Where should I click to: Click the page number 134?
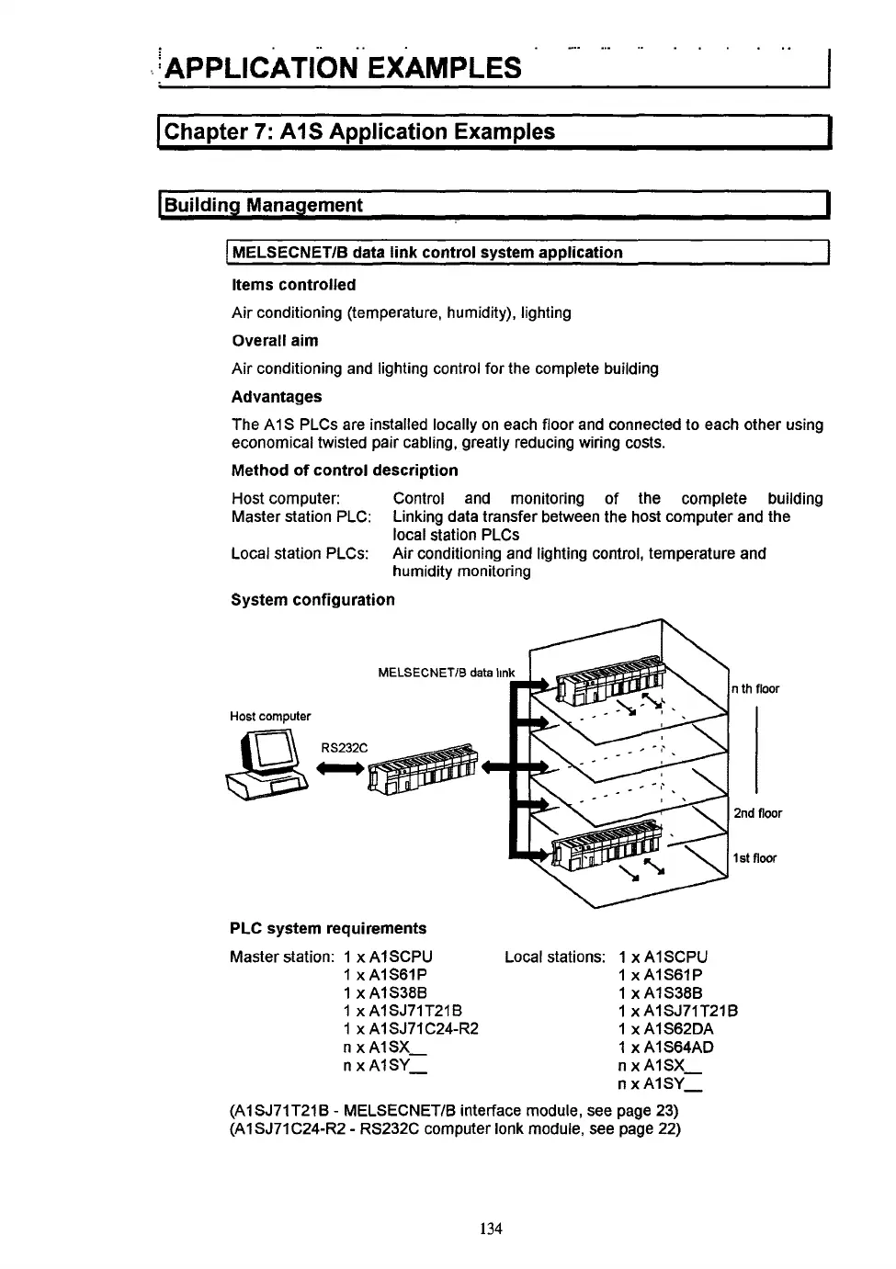pyautogui.click(x=491, y=1229)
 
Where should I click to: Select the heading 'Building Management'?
pyautogui.click(x=264, y=205)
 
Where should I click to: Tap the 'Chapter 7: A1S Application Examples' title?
pyautogui.click(x=359, y=131)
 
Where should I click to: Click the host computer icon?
pyautogui.click(x=266, y=764)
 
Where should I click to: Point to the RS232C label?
pyautogui.click(x=344, y=748)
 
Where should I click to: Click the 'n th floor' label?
pyautogui.click(x=754, y=689)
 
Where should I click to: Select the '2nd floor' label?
pyautogui.click(x=757, y=813)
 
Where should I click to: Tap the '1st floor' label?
pyautogui.click(x=754, y=858)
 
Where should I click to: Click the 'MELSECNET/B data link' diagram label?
pyautogui.click(x=447, y=673)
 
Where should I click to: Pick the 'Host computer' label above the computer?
pyautogui.click(x=270, y=716)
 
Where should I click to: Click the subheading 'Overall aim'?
pyautogui.click(x=275, y=341)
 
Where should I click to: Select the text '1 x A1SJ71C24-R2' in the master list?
pyautogui.click(x=411, y=1029)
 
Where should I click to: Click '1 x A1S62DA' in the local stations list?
pyautogui.click(x=665, y=1029)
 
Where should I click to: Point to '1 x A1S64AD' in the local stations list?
pyautogui.click(x=665, y=1047)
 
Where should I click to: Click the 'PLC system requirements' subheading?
pyautogui.click(x=328, y=928)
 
